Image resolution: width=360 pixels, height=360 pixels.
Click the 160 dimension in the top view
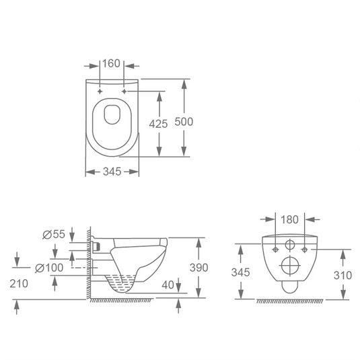tap(111, 63)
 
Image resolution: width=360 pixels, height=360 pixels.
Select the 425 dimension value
tap(158, 124)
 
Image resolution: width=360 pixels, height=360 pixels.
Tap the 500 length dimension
tap(184, 122)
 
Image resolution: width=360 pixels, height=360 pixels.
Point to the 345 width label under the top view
tap(112, 172)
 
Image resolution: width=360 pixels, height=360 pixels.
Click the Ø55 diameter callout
tap(54, 234)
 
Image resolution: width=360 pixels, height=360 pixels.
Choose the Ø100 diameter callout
tap(49, 268)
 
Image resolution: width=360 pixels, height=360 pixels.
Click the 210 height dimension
tap(19, 283)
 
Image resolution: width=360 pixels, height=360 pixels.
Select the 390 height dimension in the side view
tap(199, 267)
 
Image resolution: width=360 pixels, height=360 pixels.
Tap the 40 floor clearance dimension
tap(168, 285)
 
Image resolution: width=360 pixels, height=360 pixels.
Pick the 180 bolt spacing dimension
tap(289, 219)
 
